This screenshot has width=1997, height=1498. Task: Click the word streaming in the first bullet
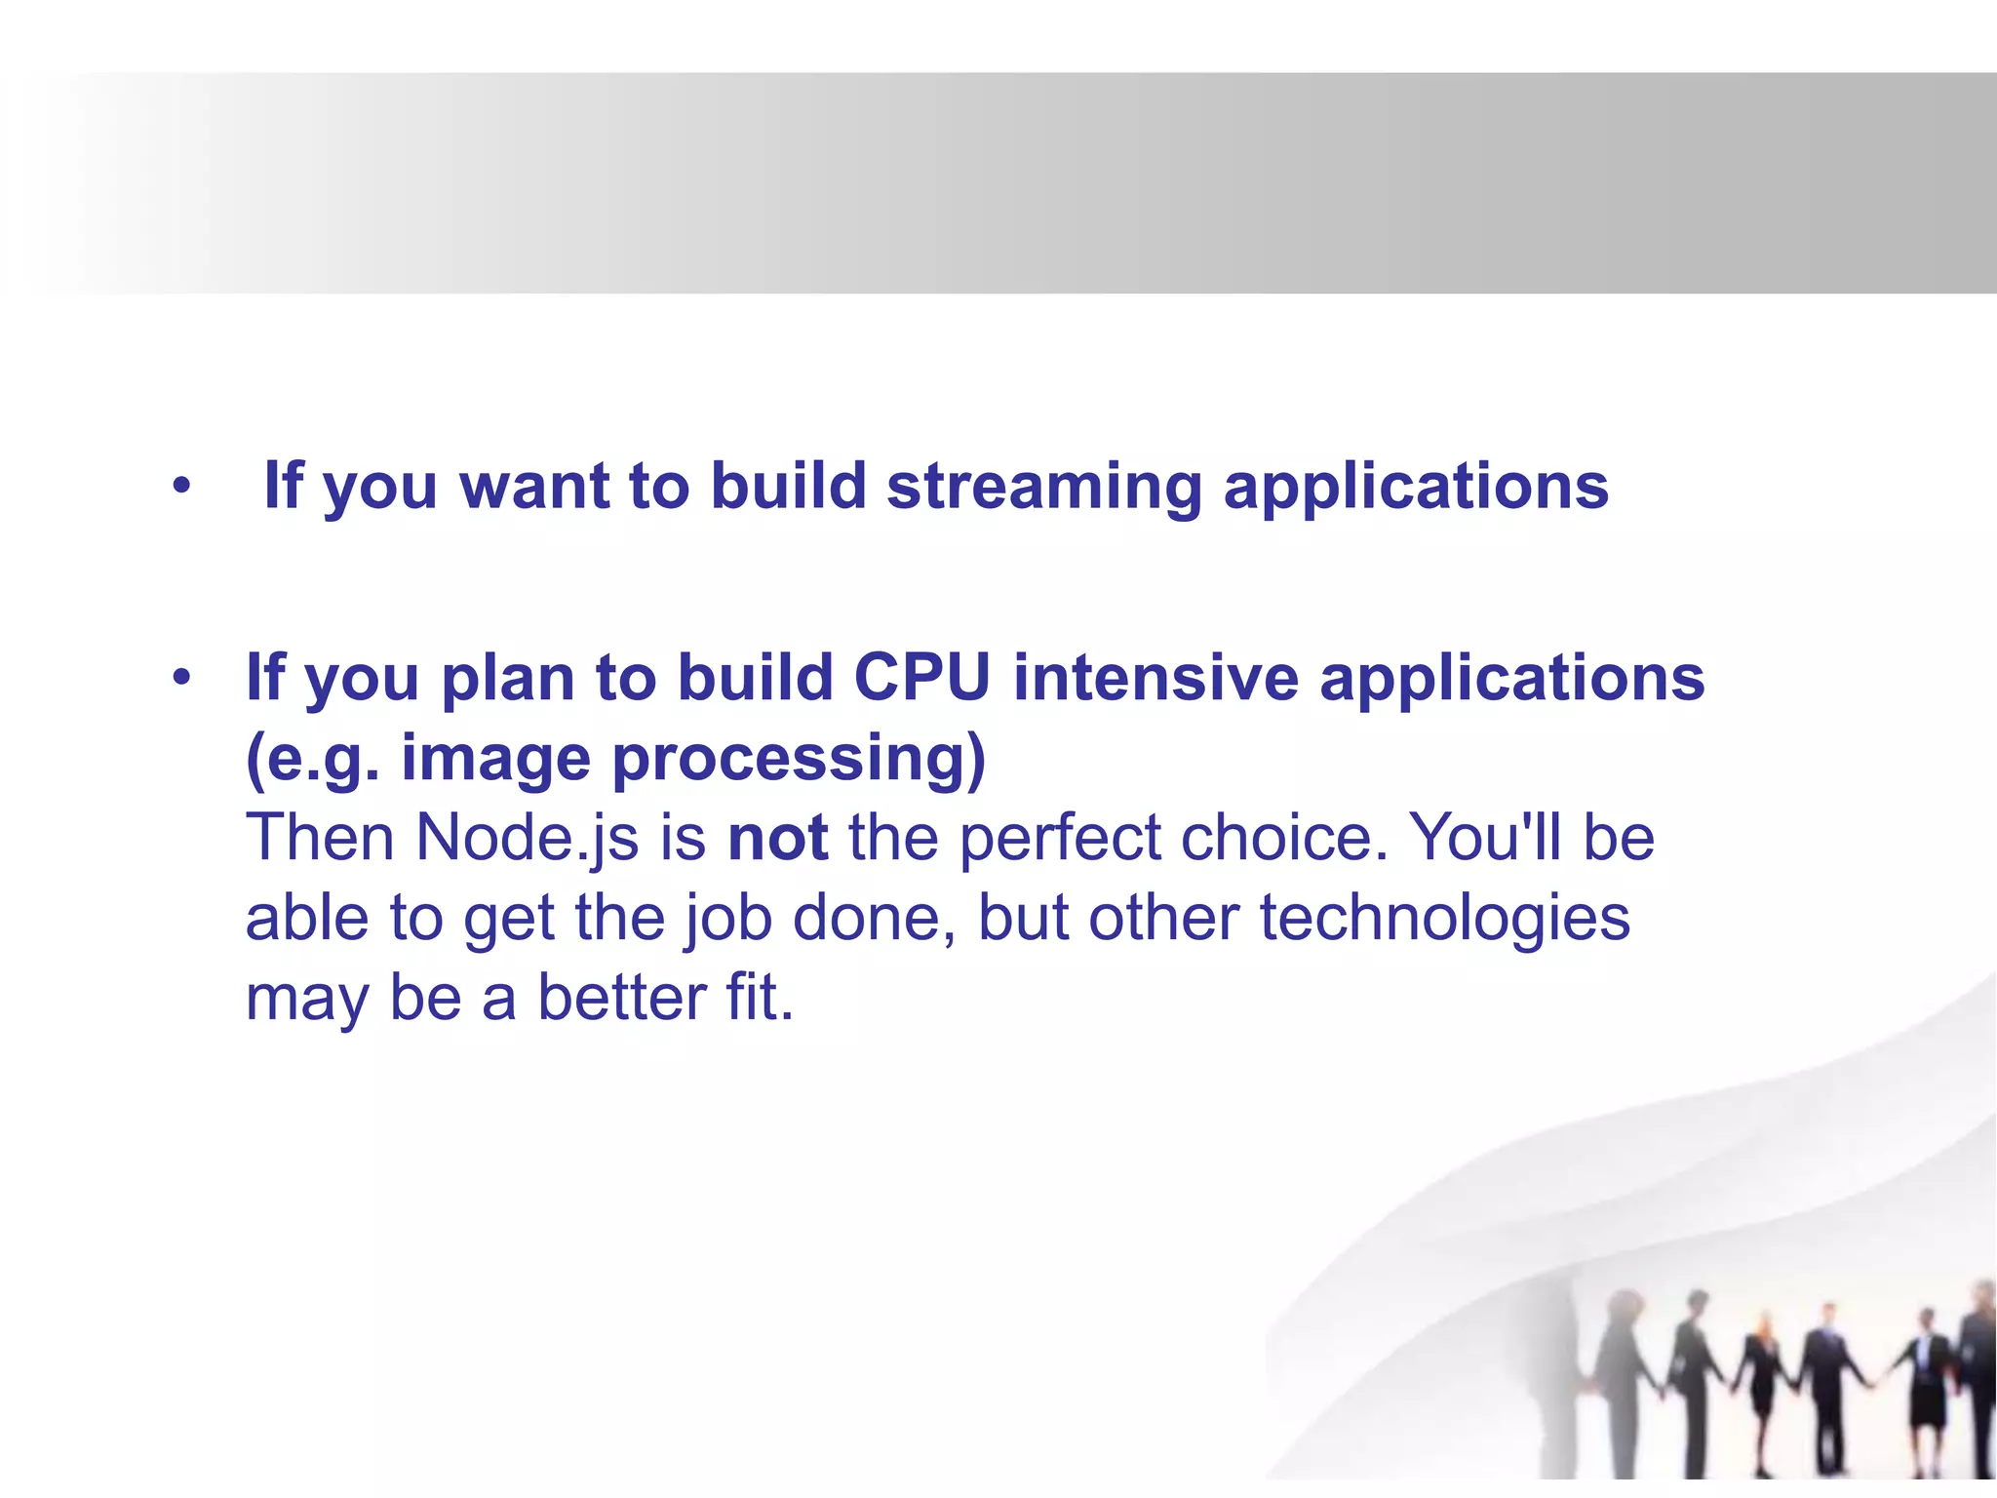point(1043,488)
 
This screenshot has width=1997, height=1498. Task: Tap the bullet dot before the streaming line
point(181,485)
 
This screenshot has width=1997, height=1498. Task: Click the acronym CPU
point(922,677)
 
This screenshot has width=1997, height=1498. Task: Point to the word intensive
point(1155,677)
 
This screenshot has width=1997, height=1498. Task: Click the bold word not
point(778,838)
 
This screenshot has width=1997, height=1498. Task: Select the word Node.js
point(528,838)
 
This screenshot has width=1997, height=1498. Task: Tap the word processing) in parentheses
point(800,759)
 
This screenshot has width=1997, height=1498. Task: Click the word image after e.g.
point(495,759)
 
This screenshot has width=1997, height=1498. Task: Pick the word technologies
point(1444,919)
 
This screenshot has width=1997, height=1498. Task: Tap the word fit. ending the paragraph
point(760,998)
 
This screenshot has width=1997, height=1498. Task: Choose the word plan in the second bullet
point(507,677)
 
